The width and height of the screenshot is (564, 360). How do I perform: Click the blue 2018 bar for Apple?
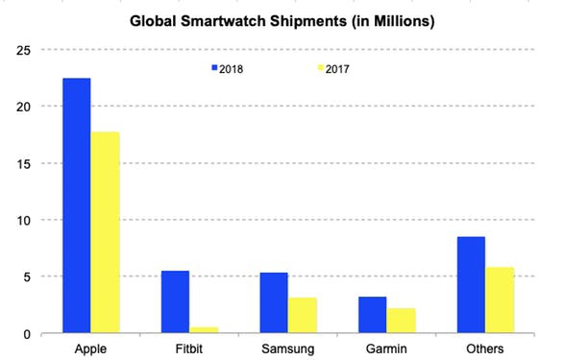pyautogui.click(x=77, y=205)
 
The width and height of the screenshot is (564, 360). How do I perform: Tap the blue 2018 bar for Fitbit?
pyautogui.click(x=175, y=301)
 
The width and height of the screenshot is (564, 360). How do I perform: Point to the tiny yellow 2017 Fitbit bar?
pyautogui.click(x=204, y=329)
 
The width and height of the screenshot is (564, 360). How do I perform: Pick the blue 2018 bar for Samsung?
pyautogui.click(x=274, y=302)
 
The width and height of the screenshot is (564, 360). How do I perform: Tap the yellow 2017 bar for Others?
pyautogui.click(x=501, y=300)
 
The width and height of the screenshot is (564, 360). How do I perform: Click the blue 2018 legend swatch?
pyautogui.click(x=215, y=68)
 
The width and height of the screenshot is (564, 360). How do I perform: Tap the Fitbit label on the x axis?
pyautogui.click(x=189, y=348)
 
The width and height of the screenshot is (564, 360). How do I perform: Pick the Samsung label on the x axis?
pyautogui.click(x=288, y=348)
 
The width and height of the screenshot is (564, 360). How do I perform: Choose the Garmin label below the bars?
pyautogui.click(x=387, y=348)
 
